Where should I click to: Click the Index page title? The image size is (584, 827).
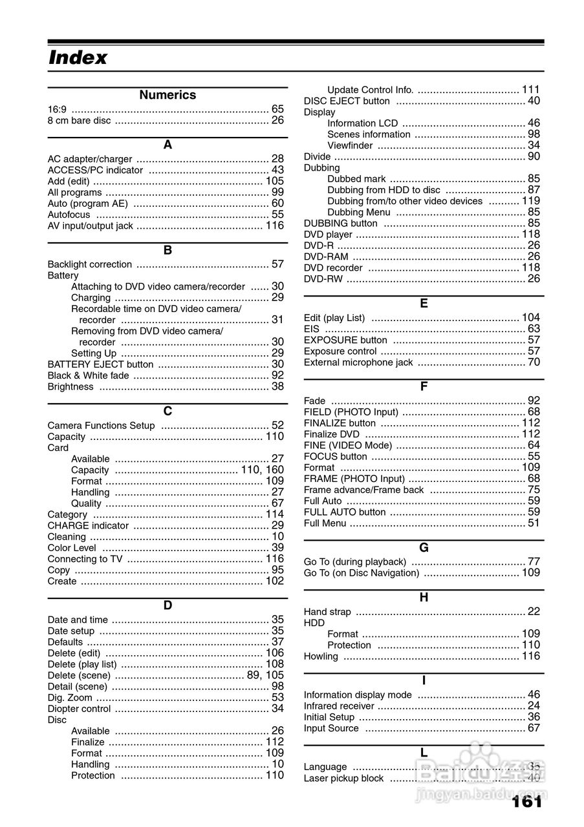coord(78,58)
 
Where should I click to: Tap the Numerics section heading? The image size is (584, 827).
coord(168,95)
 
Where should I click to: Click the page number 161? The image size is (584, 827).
coord(526,802)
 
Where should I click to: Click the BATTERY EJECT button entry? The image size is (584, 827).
coord(100,364)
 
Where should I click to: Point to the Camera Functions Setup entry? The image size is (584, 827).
coord(102,426)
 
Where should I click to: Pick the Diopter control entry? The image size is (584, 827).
coord(79,709)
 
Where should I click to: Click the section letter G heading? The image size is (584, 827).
coord(424,548)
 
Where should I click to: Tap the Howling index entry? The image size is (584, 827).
coord(321,656)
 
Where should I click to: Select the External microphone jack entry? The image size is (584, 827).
coord(358,362)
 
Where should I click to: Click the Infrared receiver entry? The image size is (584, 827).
coord(339,706)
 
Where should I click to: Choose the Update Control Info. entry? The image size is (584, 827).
coord(370,90)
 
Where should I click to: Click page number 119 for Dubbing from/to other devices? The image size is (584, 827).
coord(531,201)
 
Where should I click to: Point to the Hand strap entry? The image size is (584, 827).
coord(327,612)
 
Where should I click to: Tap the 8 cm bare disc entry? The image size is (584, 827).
coord(79,120)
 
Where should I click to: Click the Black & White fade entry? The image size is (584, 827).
coord(89,375)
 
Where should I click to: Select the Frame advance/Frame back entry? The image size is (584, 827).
coord(363,490)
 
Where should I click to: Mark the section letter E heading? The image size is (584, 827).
coord(424,304)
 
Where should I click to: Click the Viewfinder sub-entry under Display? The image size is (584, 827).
coord(350,145)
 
